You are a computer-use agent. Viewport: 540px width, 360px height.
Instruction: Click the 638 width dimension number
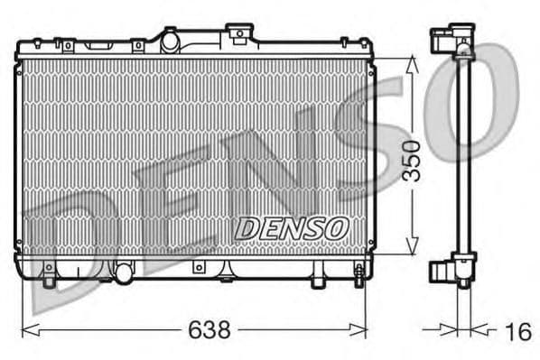pos(210,331)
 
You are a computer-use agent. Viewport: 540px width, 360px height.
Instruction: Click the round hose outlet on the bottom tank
pos(122,269)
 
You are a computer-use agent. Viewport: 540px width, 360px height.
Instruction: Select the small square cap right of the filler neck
pos(237,35)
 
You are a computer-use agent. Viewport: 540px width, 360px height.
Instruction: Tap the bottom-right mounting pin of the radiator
pos(358,274)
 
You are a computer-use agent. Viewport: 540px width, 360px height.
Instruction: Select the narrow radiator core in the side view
pos(463,153)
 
